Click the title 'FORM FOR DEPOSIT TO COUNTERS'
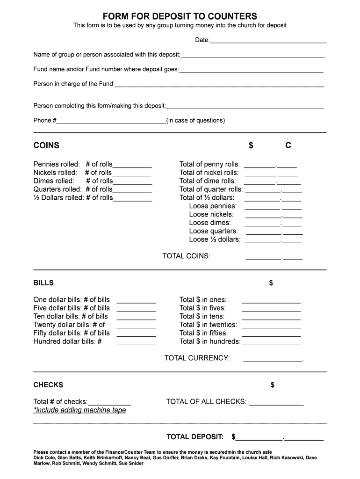[x=180, y=16]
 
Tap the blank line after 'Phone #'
[x=111, y=122]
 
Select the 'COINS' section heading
[x=46, y=145]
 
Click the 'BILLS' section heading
[x=43, y=283]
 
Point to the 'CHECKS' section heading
[x=48, y=385]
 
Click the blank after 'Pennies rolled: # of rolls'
[x=132, y=165]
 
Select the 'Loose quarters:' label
[x=213, y=231]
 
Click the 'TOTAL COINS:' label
[x=186, y=256]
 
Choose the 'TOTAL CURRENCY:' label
[x=197, y=358]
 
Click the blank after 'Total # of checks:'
[x=109, y=403]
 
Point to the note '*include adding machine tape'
[x=79, y=410]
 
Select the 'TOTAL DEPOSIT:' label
[x=195, y=437]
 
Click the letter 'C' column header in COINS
[x=288, y=145]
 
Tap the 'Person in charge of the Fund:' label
[x=74, y=84]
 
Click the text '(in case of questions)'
[x=195, y=121]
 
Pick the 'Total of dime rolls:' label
[x=208, y=181]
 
